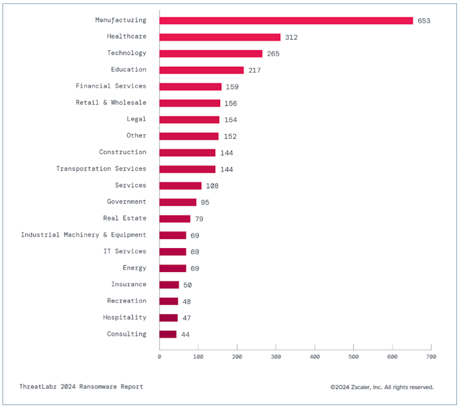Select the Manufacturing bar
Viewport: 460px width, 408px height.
tap(286, 20)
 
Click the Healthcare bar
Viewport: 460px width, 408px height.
tap(220, 37)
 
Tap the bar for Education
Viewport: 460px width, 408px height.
tap(202, 70)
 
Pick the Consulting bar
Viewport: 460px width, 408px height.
tap(168, 334)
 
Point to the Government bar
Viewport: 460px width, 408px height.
tap(178, 202)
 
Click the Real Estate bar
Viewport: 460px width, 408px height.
tap(175, 219)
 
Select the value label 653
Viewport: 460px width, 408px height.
tap(424, 21)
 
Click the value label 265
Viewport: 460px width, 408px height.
tap(273, 54)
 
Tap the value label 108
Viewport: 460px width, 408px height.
tap(212, 186)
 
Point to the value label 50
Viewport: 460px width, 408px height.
tap(188, 285)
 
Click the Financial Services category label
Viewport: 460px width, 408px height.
tap(111, 86)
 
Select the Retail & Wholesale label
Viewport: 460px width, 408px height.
tap(111, 102)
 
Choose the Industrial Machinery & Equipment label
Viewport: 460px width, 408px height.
tap(83, 235)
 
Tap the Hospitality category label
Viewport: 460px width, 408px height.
tap(125, 317)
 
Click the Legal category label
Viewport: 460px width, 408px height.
tap(136, 119)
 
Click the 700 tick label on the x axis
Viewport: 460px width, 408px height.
tap(431, 357)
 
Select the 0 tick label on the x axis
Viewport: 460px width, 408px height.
tap(159, 357)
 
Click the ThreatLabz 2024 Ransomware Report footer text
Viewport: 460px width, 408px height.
tap(81, 387)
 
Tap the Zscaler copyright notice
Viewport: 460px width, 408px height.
tap(382, 387)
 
